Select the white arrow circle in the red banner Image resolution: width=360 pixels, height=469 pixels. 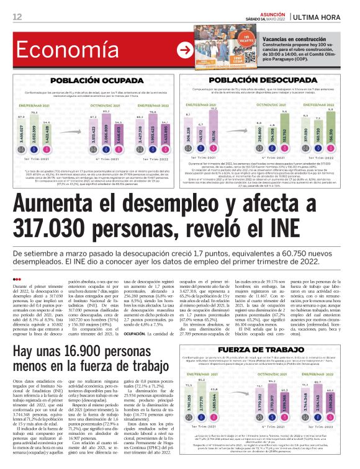(x=184, y=50)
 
